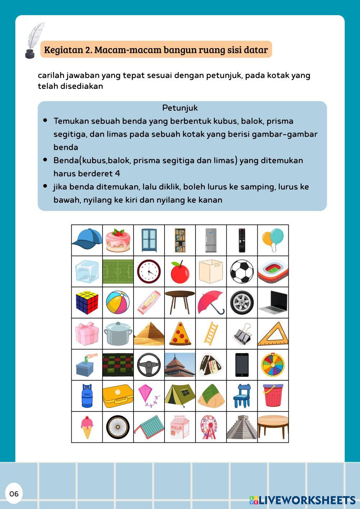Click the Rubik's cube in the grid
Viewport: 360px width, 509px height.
pyautogui.click(x=87, y=302)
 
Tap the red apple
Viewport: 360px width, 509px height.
pyautogui.click(x=180, y=272)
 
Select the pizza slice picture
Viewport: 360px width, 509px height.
pyautogui.click(x=180, y=334)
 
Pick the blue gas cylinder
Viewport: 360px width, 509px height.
pyautogui.click(x=87, y=396)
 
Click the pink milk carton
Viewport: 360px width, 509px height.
pyautogui.click(x=180, y=427)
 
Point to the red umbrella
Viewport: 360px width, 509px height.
pyautogui.click(x=211, y=302)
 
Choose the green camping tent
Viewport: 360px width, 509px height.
pyautogui.click(x=180, y=396)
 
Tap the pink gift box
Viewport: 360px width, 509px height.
pyautogui.click(x=87, y=334)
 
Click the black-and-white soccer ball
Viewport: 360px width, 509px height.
pyautogui.click(x=242, y=272)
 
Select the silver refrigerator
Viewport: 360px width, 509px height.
pyautogui.click(x=211, y=240)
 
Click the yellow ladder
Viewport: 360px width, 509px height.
pyautogui.click(x=211, y=333)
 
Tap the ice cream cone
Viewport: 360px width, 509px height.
pyautogui.click(x=87, y=427)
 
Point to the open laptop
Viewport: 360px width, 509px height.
pyautogui.click(x=273, y=303)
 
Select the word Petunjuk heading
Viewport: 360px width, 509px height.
pyautogui.click(x=180, y=108)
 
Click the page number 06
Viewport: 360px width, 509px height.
pyautogui.click(x=14, y=494)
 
